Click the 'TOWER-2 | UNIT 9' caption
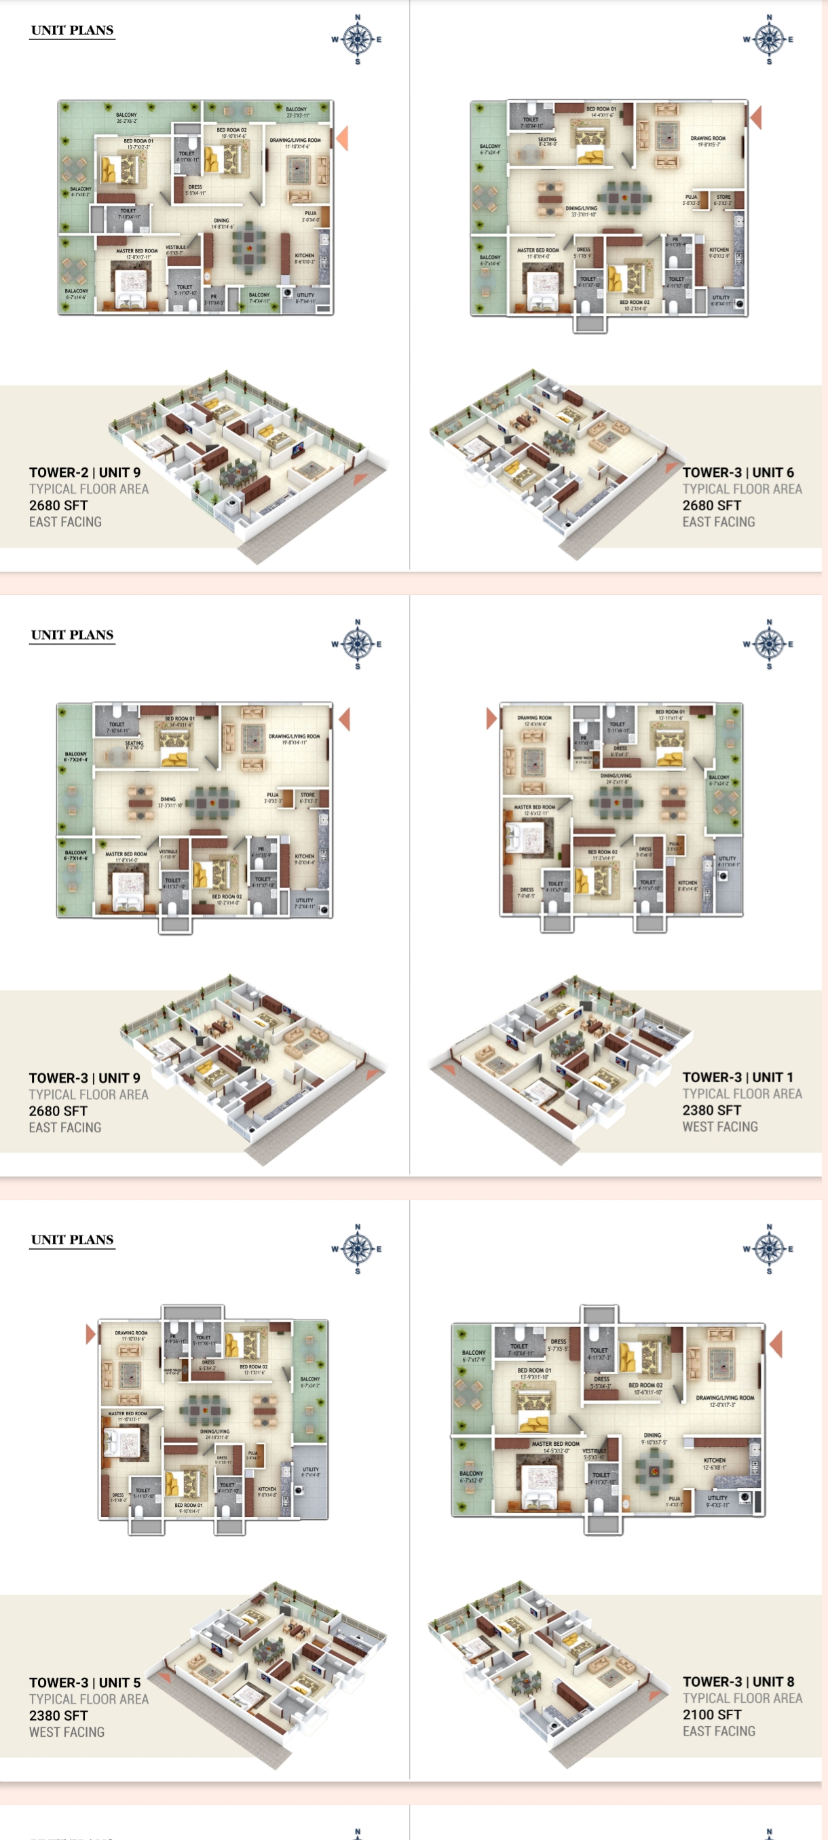coord(85,472)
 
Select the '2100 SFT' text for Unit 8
coord(711,1714)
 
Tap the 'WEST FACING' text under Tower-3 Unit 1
coord(719,1126)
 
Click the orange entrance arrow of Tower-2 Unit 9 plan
coord(342,138)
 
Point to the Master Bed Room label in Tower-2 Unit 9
coord(136,251)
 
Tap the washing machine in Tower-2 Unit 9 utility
coord(287,293)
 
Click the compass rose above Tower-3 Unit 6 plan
coord(769,39)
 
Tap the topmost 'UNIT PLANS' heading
coord(72,30)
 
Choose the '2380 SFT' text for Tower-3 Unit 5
coord(58,1715)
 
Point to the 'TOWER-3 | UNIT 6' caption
coord(737,472)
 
